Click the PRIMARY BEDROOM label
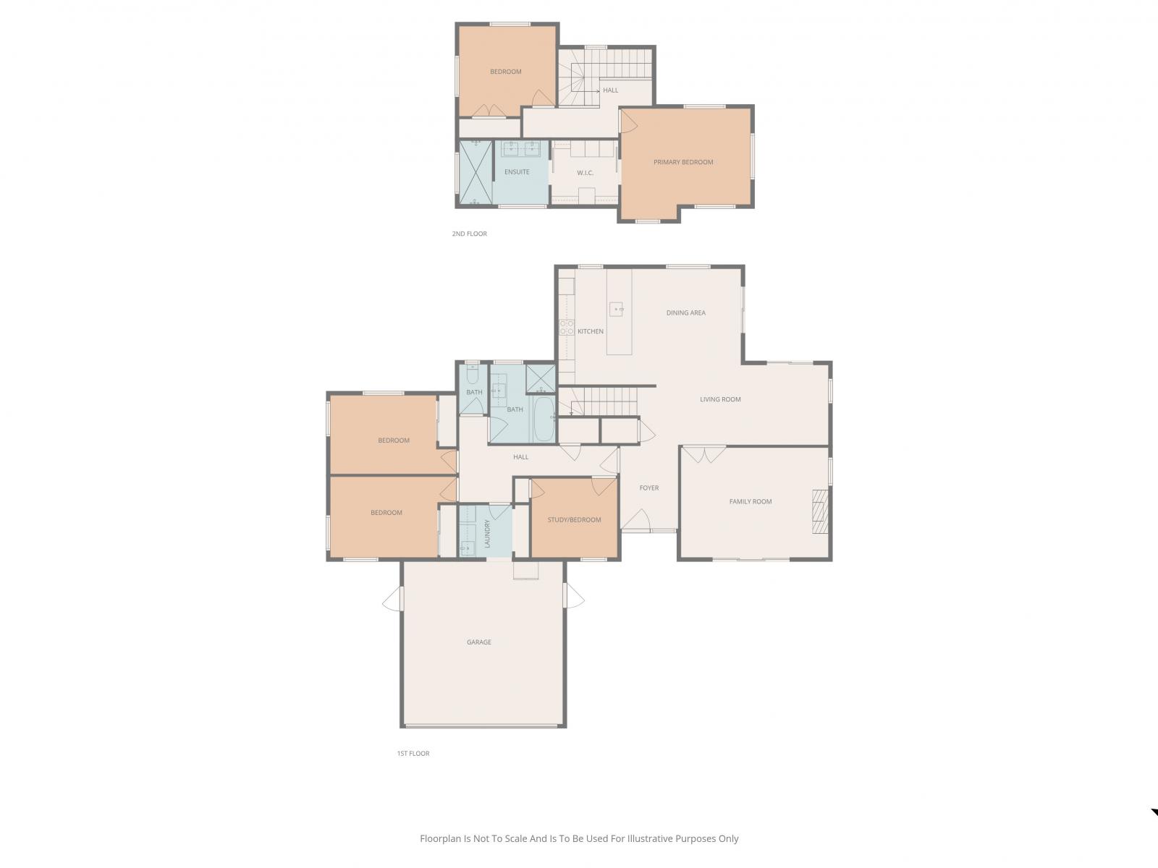coord(683,162)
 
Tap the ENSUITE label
coord(517,172)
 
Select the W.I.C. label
coord(585,173)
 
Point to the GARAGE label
coord(479,642)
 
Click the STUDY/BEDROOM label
coord(574,519)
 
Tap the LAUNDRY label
coord(488,533)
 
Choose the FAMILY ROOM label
coord(751,502)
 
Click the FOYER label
coord(649,488)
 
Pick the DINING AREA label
coord(686,312)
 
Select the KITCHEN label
coord(591,331)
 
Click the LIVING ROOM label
coord(720,399)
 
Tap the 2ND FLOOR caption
coord(470,234)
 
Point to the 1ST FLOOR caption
coord(413,754)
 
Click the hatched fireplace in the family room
coord(820,511)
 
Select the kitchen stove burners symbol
coord(567,327)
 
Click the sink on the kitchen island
coord(616,310)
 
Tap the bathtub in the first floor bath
coord(544,419)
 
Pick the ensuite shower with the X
coord(476,172)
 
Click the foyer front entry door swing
coord(635,519)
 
